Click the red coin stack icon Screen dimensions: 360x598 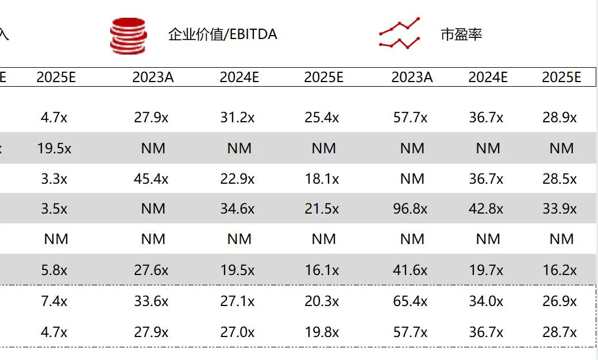(128, 36)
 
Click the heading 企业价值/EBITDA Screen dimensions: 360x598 (222, 34)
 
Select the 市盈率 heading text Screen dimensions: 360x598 (461, 34)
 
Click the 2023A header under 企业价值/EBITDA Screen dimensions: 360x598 (153, 78)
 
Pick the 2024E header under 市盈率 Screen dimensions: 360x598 (488, 78)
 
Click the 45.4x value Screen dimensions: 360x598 (151, 179)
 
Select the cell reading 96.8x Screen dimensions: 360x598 (410, 209)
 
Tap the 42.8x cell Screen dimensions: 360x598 (486, 209)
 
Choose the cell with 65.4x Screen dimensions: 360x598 (410, 301)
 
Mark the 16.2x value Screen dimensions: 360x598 (560, 270)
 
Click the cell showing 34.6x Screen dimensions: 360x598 (237, 209)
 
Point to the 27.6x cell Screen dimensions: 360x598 (151, 270)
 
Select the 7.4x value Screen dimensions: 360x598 (55, 301)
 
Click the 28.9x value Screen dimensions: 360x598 (560, 118)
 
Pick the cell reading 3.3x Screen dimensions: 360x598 (55, 179)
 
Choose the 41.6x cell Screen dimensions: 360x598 (410, 270)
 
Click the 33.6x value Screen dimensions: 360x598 (151, 301)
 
